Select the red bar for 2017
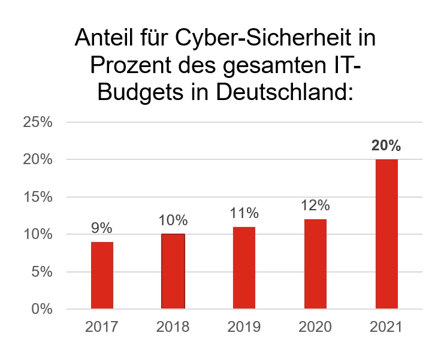(102, 276)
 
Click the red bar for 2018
(173, 271)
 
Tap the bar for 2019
(244, 268)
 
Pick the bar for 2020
(315, 264)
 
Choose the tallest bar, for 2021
(386, 234)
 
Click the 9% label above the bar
(102, 228)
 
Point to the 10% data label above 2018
(173, 220)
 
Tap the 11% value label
(244, 213)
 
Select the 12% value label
(315, 205)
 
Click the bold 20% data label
(386, 146)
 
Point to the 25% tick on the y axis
(38, 122)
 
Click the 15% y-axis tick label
(38, 197)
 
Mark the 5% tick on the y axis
(41, 272)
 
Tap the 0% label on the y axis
(41, 309)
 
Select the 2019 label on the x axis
(244, 327)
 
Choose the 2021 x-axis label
(386, 327)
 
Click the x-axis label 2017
(102, 327)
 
